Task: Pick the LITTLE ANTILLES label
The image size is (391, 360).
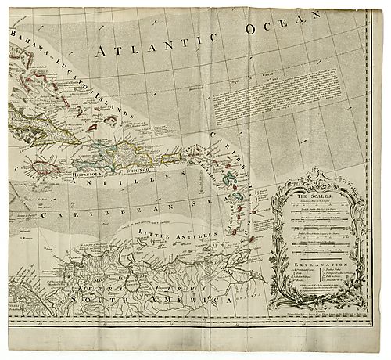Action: point(167,234)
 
